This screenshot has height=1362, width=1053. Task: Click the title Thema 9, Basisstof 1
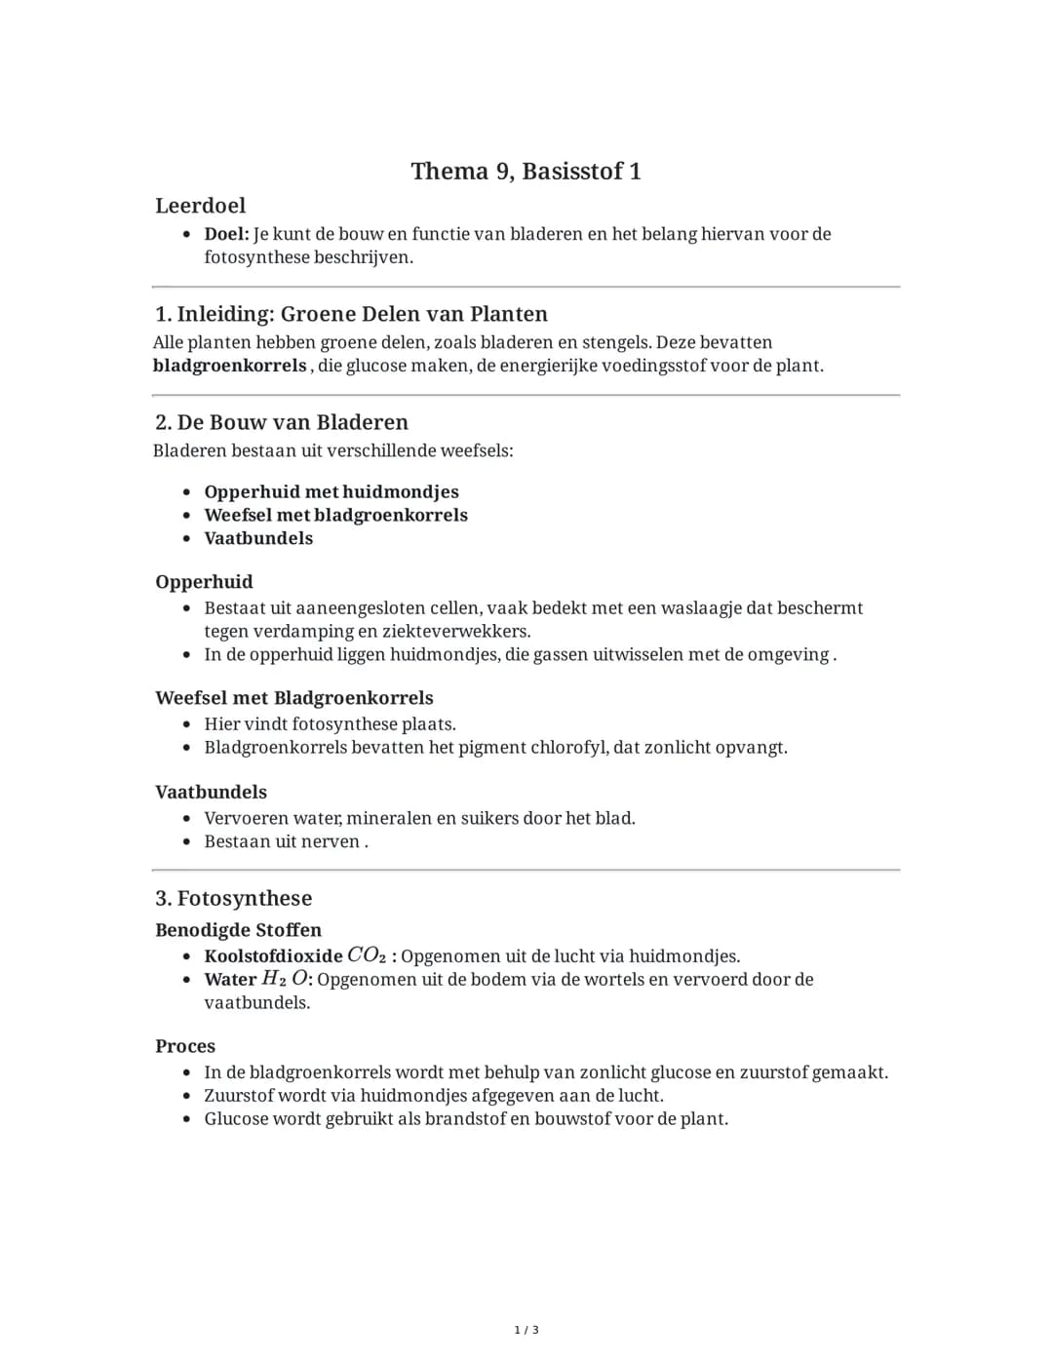[526, 172]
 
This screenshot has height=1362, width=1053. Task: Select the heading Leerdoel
[200, 206]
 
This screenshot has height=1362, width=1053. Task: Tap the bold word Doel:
[226, 234]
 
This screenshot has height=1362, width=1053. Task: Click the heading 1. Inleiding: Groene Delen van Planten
[351, 314]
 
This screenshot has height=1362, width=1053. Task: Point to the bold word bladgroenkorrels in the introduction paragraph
[229, 366]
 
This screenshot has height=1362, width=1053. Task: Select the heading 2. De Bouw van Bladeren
[281, 422]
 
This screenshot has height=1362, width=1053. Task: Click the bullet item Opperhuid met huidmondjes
[331, 492]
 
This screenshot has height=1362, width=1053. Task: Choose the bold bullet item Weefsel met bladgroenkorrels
[335, 515]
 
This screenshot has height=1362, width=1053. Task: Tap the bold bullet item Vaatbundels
[258, 538]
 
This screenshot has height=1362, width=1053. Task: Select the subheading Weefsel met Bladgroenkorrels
[293, 698]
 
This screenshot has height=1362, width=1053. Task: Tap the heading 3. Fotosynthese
[233, 898]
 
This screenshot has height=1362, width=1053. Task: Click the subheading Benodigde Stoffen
[238, 930]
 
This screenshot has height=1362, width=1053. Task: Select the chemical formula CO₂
[367, 955]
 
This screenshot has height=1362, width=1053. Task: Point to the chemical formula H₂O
[285, 979]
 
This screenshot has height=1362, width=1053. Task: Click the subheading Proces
[185, 1046]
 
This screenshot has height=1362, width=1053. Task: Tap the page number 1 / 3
[526, 1330]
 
